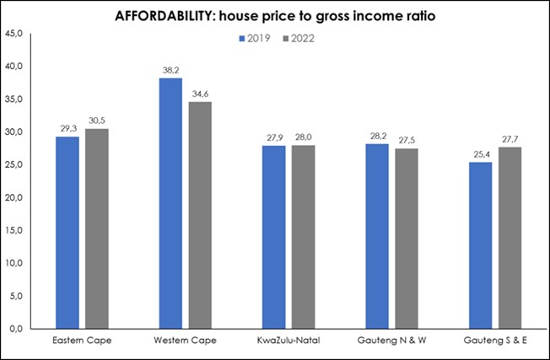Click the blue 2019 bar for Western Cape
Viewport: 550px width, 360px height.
coord(170,203)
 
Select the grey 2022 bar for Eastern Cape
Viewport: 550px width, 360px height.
coord(98,228)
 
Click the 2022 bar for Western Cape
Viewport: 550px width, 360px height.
coord(200,215)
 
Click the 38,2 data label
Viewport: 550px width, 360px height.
coord(170,71)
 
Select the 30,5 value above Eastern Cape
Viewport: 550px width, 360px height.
coord(98,121)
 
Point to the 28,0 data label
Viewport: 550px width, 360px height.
coord(304,137)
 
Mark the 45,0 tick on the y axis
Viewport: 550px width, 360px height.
coord(17,34)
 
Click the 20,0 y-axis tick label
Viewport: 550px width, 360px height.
coord(17,198)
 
